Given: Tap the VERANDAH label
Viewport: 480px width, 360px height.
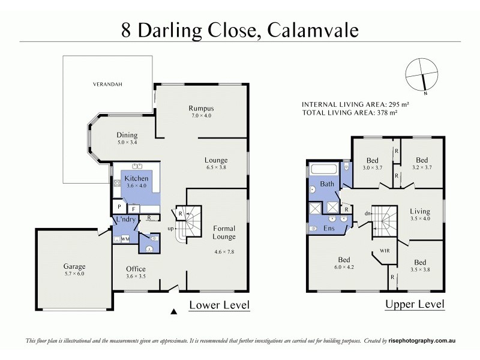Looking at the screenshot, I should (107, 85).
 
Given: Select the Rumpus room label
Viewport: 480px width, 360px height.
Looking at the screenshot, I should (201, 109).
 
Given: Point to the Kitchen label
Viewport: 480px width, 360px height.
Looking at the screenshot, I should (136, 178).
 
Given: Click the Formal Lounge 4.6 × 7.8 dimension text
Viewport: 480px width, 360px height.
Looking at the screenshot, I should (224, 252).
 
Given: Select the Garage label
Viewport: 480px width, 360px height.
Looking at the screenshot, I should (75, 266).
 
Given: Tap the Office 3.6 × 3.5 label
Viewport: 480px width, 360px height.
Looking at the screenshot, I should (136, 269).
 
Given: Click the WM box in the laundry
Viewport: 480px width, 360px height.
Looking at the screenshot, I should (125, 239).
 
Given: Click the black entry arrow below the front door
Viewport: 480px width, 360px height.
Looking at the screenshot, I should (175, 311).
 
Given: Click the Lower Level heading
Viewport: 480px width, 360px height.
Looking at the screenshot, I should (219, 305).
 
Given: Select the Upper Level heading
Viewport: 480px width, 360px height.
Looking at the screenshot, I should (415, 304).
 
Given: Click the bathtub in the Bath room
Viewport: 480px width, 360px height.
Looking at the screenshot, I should (327, 169).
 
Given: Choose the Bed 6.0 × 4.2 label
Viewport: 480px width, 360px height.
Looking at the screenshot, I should (343, 263).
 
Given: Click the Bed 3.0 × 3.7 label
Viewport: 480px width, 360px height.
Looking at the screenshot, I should (373, 164).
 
